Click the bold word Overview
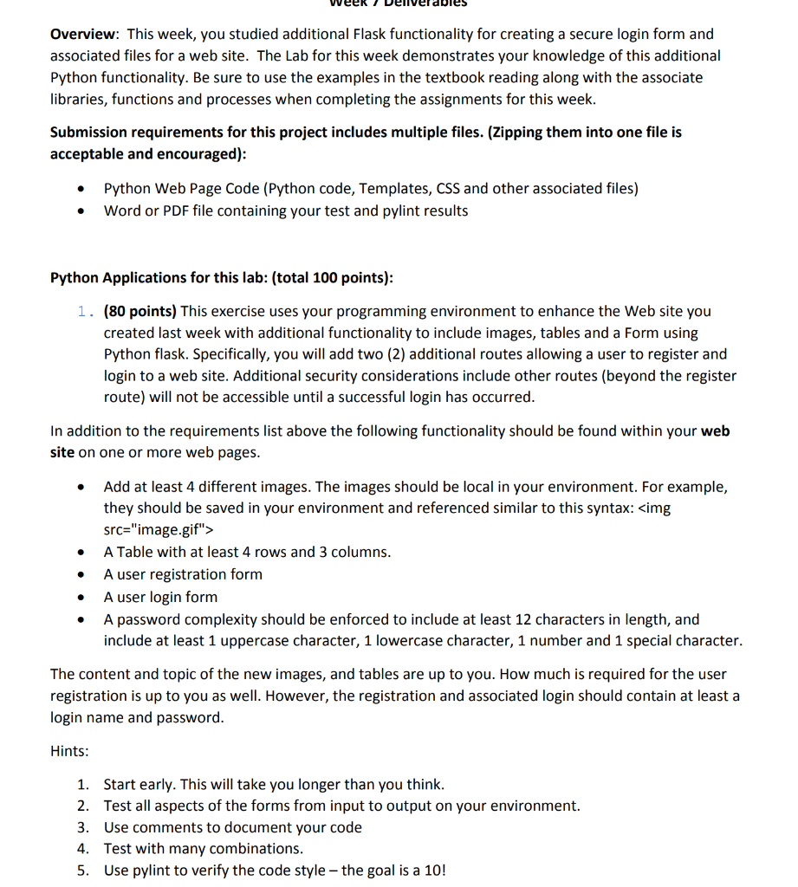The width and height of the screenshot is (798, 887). (83, 35)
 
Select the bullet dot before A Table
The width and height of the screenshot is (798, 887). (81, 553)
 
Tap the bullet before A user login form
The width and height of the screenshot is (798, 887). (81, 598)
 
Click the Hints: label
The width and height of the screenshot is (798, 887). (69, 752)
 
